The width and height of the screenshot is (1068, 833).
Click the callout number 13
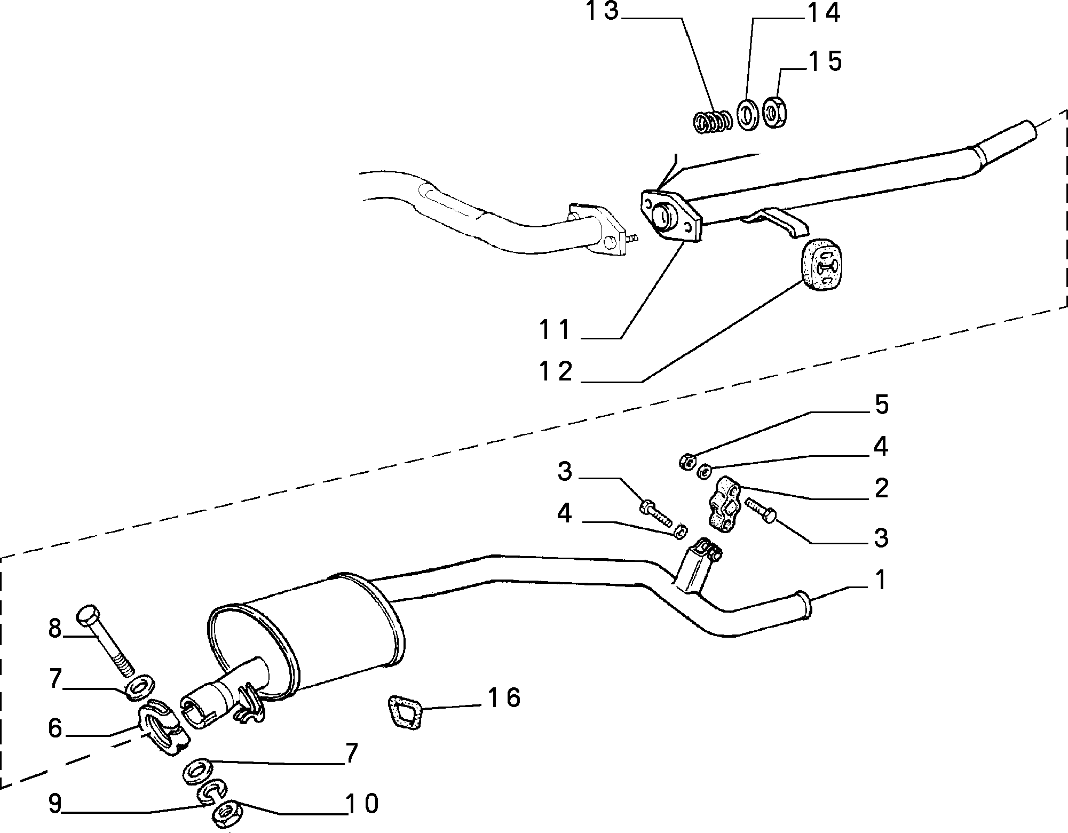point(603,11)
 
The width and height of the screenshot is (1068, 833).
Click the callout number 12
point(555,371)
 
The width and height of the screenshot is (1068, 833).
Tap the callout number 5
point(881,405)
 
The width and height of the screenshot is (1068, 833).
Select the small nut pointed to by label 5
point(687,461)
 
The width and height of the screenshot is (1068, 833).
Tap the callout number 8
point(55,628)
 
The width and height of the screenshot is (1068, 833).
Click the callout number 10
point(362,803)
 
